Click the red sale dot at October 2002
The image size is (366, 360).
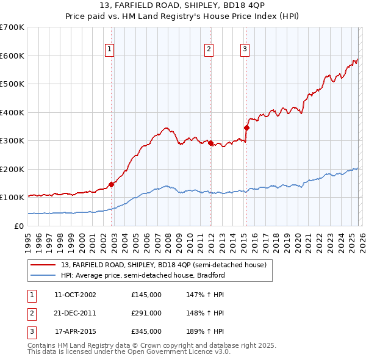[111, 184]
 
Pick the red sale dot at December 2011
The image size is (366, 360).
[210, 143]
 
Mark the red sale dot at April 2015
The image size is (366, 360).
[246, 128]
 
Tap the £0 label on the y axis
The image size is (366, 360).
[19, 226]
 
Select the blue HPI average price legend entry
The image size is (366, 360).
[143, 275]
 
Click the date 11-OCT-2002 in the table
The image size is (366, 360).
[75, 295]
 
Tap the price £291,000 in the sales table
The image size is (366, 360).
[146, 313]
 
